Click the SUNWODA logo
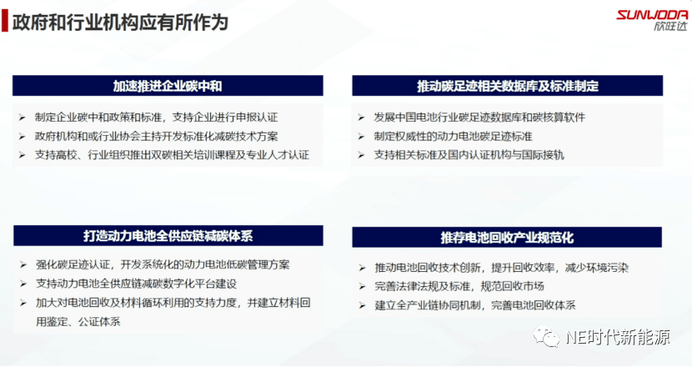652,20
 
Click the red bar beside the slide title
5,21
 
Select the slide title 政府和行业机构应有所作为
120,22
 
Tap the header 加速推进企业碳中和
168,86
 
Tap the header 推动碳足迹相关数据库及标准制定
508,86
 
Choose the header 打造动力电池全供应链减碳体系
168,236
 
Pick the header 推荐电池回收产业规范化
507,238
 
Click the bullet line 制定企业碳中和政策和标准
156,118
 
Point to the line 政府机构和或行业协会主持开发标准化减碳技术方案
156,137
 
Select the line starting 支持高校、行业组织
172,155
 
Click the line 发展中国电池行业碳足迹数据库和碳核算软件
479,118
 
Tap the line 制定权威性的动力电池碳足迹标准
453,137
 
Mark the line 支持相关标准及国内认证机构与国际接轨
469,155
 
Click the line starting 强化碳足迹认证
163,265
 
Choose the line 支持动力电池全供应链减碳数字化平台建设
137,284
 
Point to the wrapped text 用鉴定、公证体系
78,321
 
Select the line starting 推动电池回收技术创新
501,268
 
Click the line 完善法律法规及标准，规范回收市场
459,286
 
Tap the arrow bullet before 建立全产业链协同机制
362,305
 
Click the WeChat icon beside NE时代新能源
546,336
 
